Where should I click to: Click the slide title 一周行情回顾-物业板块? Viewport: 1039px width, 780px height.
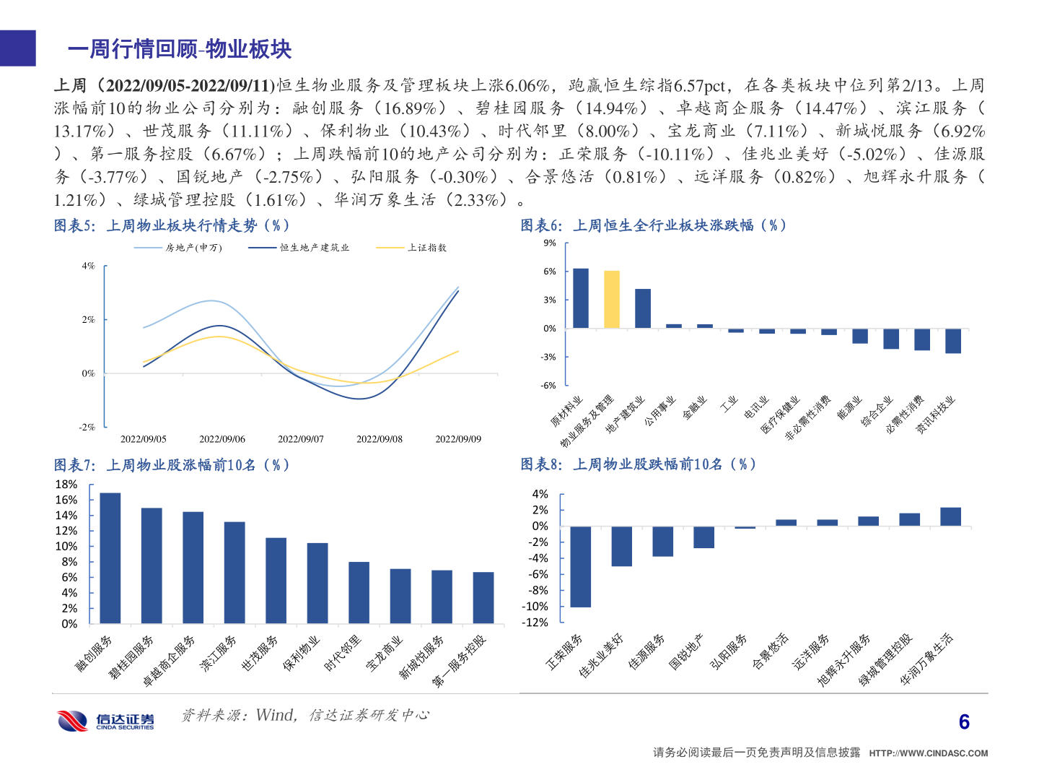[x=180, y=49]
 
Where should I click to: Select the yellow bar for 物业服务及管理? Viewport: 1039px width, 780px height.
[x=611, y=299]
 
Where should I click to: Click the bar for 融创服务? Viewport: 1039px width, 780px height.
[x=110, y=558]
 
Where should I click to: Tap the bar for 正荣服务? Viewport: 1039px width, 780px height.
[x=580, y=566]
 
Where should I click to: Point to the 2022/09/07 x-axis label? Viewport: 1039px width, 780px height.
[x=300, y=439]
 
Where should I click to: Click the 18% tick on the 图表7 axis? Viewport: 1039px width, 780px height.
[x=66, y=485]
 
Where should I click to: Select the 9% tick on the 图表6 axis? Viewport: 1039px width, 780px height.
[x=550, y=243]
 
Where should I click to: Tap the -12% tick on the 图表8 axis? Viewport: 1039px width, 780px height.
[x=535, y=623]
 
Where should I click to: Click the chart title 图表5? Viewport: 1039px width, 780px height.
[x=172, y=225]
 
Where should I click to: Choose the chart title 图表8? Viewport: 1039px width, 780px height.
[x=638, y=464]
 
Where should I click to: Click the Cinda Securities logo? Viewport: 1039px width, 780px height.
[x=106, y=720]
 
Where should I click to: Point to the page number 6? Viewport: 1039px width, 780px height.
[x=964, y=722]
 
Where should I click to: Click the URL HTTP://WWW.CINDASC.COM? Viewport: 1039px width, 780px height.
[x=928, y=753]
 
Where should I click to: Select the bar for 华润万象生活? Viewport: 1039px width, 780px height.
[x=950, y=516]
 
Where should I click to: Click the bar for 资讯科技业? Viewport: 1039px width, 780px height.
[x=952, y=341]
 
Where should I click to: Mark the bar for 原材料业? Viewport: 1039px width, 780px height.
[x=580, y=298]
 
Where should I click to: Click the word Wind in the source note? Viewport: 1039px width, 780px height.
[x=276, y=715]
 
